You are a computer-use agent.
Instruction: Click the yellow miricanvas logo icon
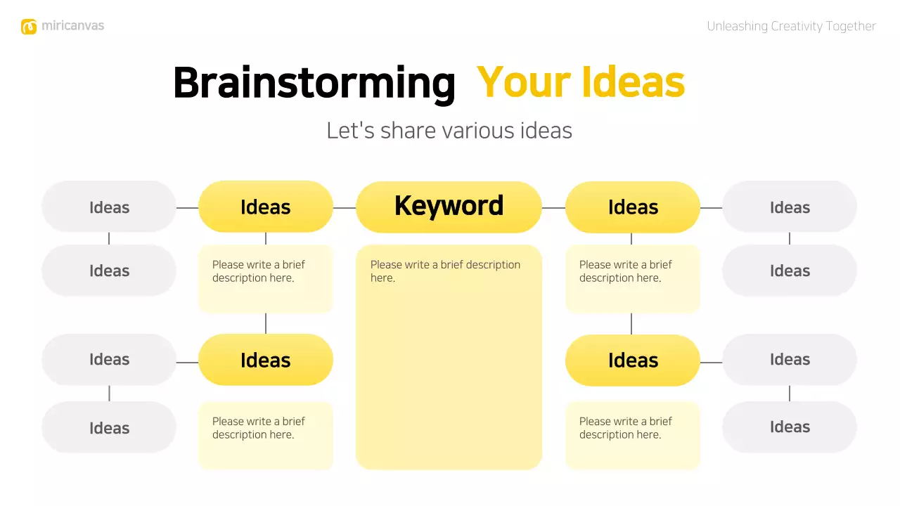point(28,27)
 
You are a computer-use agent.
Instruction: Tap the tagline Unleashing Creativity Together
point(791,27)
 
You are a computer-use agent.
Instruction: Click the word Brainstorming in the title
point(314,83)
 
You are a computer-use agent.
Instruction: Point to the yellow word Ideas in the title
point(633,82)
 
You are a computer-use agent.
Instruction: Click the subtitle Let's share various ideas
point(449,131)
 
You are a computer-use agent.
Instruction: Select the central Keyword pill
point(449,207)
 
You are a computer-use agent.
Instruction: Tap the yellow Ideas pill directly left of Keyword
point(265,207)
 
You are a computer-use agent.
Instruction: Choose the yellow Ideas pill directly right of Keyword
point(632,207)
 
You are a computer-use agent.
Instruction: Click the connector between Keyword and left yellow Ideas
point(345,208)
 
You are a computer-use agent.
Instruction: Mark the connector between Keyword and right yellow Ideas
point(553,208)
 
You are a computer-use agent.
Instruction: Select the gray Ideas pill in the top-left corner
point(109,207)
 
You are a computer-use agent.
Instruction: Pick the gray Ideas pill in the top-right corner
point(790,207)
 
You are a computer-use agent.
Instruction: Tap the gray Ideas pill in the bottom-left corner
point(109,427)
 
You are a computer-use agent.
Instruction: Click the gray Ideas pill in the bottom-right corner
point(790,427)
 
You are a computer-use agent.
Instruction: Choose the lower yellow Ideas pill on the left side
point(265,360)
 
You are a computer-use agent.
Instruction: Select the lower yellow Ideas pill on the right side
point(632,360)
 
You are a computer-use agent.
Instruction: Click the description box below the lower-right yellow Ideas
point(632,435)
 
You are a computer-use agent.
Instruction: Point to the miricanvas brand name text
point(72,26)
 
